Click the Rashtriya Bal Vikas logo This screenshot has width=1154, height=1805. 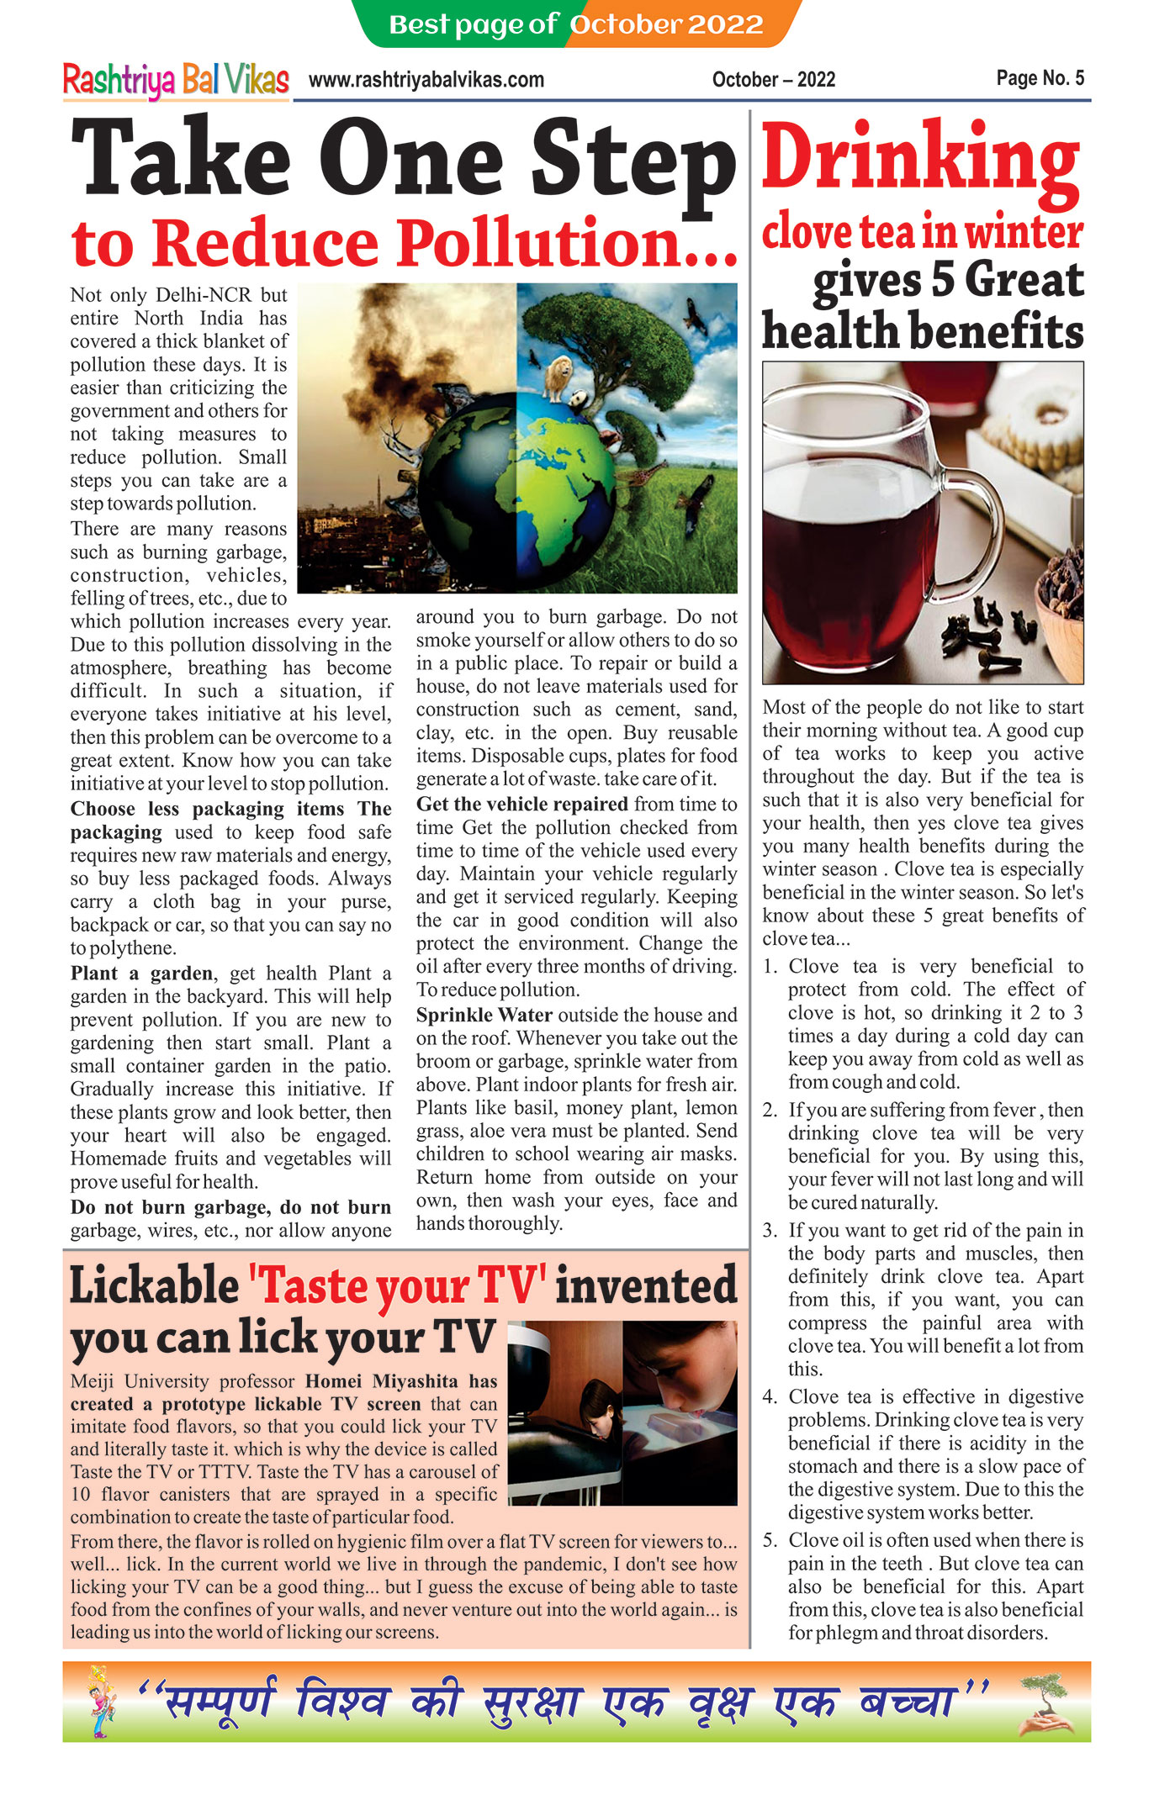176,80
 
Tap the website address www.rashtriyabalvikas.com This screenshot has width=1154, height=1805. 426,80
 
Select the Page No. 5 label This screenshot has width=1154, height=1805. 1040,78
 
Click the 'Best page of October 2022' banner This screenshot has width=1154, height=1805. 576,24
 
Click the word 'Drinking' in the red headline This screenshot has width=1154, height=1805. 920,158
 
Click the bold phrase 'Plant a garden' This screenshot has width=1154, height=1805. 141,974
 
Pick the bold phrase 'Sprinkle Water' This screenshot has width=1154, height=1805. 484,1015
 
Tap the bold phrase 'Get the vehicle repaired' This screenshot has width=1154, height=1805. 521,804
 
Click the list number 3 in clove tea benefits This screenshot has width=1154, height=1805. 770,1231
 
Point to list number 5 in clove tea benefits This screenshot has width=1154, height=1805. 770,1540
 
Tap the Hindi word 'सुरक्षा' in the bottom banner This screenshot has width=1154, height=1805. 532,1702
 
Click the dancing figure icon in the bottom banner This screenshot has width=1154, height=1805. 102,1702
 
